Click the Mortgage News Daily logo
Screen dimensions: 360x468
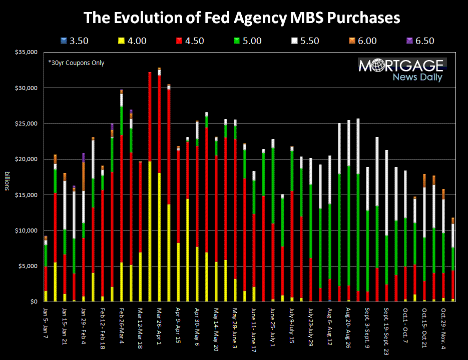[x=402, y=70]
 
